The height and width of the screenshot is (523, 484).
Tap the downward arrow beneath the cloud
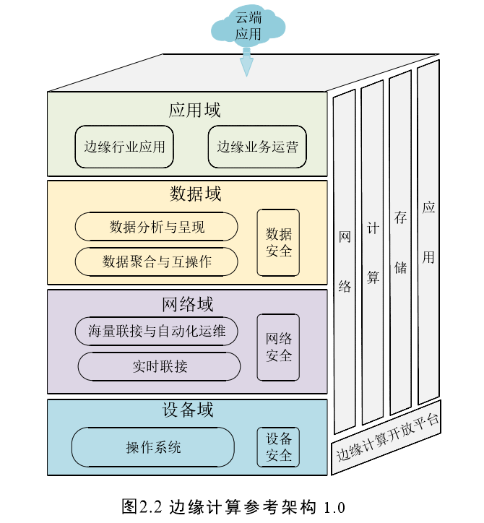247,62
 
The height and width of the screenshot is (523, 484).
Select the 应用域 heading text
194,110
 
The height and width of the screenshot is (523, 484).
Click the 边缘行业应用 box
124,147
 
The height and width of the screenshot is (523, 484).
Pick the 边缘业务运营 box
257,147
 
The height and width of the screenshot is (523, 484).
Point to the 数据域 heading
195,194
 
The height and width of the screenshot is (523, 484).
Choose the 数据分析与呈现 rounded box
157,227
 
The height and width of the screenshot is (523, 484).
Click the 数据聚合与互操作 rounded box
157,261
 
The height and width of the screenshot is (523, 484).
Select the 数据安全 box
278,243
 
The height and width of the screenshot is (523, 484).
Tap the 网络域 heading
188,303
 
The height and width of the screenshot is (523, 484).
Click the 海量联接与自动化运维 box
157,332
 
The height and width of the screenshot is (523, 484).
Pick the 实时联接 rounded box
159,366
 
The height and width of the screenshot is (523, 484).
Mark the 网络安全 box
278,347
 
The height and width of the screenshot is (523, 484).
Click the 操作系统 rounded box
153,447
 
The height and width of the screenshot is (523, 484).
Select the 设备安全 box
278,447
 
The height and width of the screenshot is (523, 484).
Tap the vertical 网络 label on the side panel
345,261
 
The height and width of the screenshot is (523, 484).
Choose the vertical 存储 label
400,242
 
